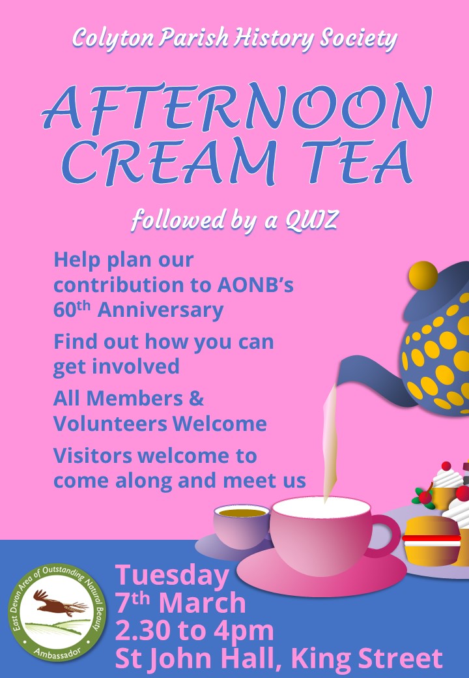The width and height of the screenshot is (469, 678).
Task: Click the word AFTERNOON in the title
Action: tap(236, 107)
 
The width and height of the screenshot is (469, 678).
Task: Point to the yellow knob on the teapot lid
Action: tap(423, 275)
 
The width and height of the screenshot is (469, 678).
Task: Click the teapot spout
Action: tap(371, 381)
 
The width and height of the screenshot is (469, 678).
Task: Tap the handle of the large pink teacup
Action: tap(384, 535)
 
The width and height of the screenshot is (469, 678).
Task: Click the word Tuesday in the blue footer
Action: tap(172, 576)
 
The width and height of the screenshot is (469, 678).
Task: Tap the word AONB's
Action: tap(255, 284)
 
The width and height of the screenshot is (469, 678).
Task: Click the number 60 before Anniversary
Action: tap(64, 310)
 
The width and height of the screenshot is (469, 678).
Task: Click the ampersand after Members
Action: tap(196, 398)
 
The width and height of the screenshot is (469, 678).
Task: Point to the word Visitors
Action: tap(92, 455)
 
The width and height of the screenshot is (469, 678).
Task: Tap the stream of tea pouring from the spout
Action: tap(330, 441)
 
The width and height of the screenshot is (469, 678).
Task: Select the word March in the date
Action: tap(202, 603)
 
